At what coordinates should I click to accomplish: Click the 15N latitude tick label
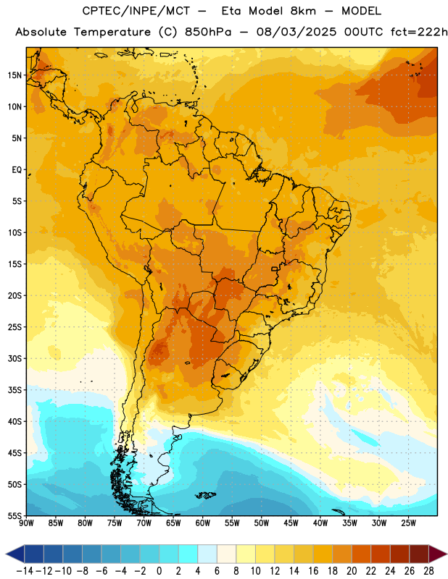tap(14, 75)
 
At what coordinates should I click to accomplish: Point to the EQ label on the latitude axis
tap(17, 170)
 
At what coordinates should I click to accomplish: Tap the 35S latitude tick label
tap(14, 390)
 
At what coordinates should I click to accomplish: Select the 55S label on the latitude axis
tap(14, 515)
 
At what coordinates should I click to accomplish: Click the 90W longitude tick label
tap(26, 523)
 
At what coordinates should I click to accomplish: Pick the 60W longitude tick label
tap(203, 523)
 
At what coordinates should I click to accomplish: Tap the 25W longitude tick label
tap(408, 523)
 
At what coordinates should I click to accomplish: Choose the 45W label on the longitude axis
tap(291, 523)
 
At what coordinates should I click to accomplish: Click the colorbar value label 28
tap(428, 571)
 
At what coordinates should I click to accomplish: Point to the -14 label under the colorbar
tap(25, 571)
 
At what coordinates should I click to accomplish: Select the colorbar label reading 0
tap(159, 571)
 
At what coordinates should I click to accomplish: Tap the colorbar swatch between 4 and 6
tap(207, 554)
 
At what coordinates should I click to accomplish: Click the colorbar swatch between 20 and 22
tap(362, 554)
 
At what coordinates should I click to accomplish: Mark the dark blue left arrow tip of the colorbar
tap(6, 554)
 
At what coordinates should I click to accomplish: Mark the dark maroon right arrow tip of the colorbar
tap(447, 554)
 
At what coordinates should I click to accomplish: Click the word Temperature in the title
tap(112, 32)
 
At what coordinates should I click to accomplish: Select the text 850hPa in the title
tap(208, 32)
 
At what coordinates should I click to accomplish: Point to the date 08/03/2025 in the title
tap(296, 32)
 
